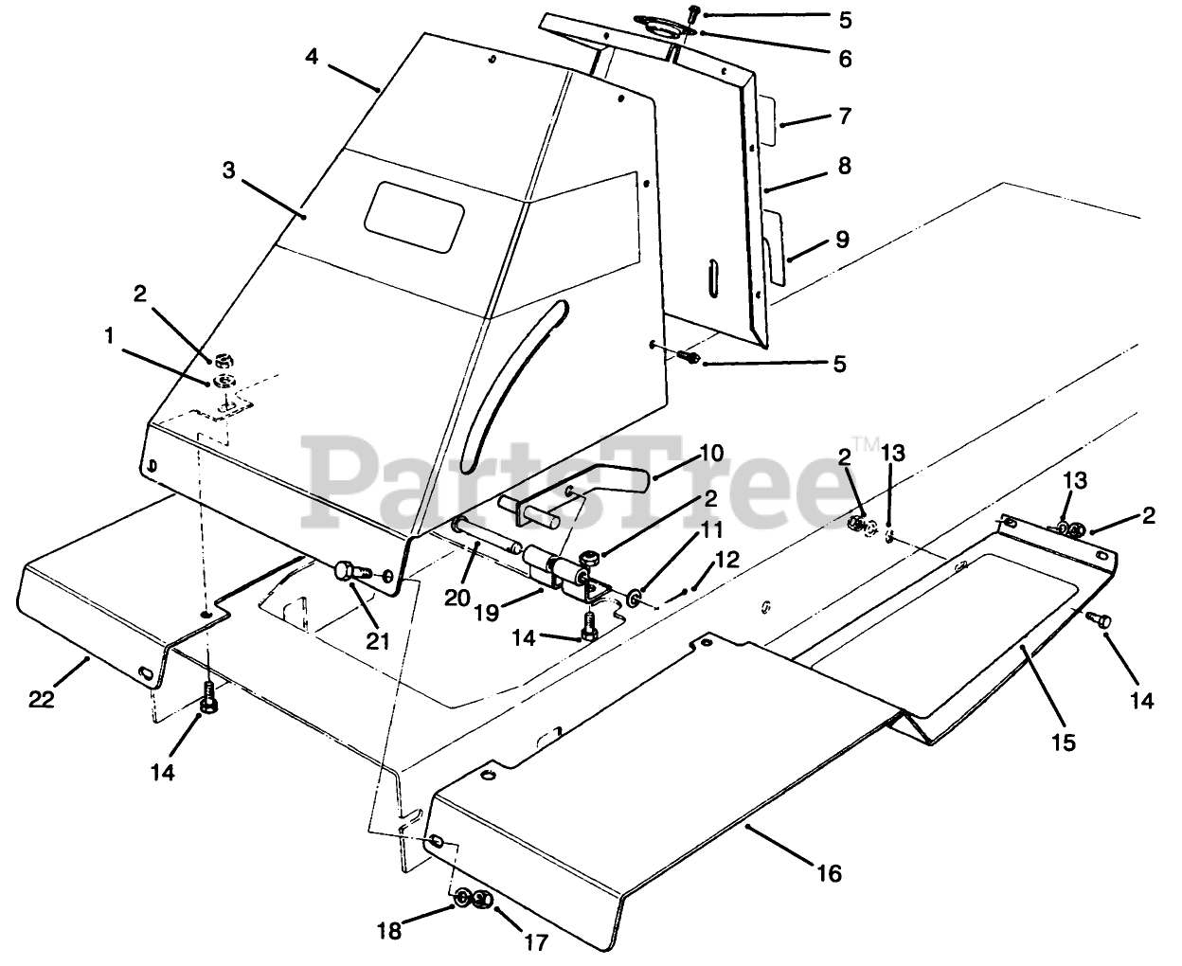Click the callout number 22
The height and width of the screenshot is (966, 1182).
(41, 700)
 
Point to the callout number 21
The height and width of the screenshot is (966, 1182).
(378, 640)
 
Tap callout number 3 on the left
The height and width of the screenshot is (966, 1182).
(228, 170)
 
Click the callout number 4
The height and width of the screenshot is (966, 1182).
(312, 56)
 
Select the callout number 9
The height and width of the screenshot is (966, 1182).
(841, 239)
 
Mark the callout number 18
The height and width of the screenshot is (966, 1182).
(389, 931)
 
